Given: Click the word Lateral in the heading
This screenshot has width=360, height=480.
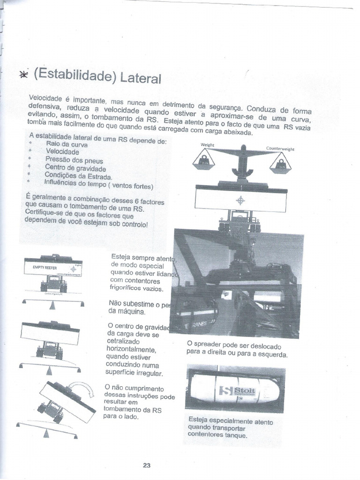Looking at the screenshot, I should coord(141,77).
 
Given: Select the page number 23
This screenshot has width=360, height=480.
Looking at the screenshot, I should coord(146,465).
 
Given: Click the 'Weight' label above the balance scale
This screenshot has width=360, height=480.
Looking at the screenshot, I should coord(207,145).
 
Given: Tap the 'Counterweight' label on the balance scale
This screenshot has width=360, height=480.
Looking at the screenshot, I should coord(280,149).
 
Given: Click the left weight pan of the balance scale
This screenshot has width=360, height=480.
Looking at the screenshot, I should coord(204,162).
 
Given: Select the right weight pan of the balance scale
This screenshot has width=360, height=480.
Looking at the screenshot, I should coord(280,165).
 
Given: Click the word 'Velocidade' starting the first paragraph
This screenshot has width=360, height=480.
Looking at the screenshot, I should coord(45,98).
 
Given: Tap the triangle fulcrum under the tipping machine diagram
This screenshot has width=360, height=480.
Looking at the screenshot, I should coord(46,434).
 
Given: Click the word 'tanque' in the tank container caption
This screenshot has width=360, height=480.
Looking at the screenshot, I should coord(235,435).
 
